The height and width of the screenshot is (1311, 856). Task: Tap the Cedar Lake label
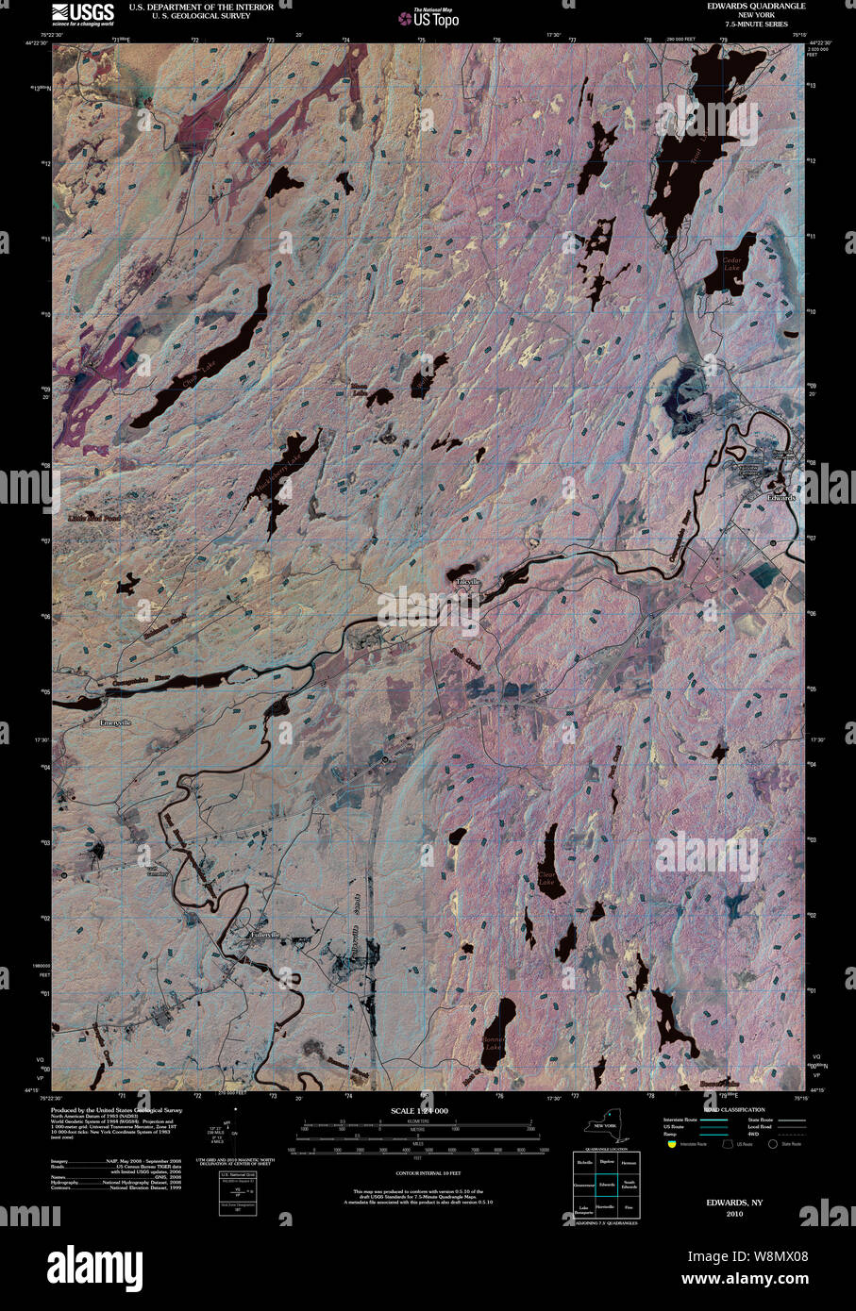pyautogui.click(x=731, y=264)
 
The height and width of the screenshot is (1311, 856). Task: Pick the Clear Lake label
pyautogui.click(x=547, y=878)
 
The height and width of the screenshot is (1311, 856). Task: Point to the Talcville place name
pyautogui.click(x=468, y=583)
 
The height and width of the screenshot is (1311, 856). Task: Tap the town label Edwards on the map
pyautogui.click(x=781, y=497)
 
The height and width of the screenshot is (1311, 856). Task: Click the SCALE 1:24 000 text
pyautogui.click(x=419, y=1111)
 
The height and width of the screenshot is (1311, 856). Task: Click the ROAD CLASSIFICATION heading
pyautogui.click(x=735, y=1109)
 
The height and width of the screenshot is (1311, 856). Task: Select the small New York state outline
pyautogui.click(x=604, y=1125)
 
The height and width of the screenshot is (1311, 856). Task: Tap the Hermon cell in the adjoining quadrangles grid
pyautogui.click(x=629, y=1162)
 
